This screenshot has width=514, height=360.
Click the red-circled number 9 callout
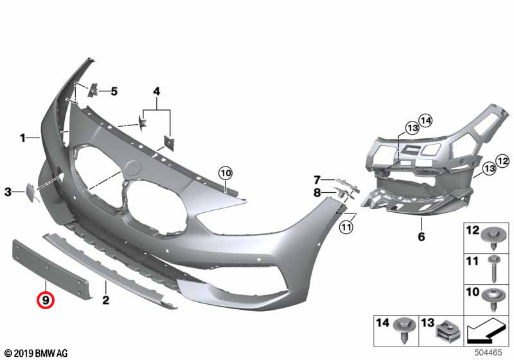[x=45, y=300]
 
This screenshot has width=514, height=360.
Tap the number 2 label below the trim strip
[x=105, y=300]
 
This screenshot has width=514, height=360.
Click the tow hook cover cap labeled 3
[x=32, y=192]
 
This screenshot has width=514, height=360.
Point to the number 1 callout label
[x=22, y=138]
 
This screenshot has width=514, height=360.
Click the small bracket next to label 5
[x=93, y=89]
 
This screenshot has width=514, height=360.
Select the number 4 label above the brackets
[x=157, y=91]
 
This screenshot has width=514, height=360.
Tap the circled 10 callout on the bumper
[x=226, y=173]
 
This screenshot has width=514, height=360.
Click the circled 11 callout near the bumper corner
[x=346, y=227]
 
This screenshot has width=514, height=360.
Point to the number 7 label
[x=317, y=179]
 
